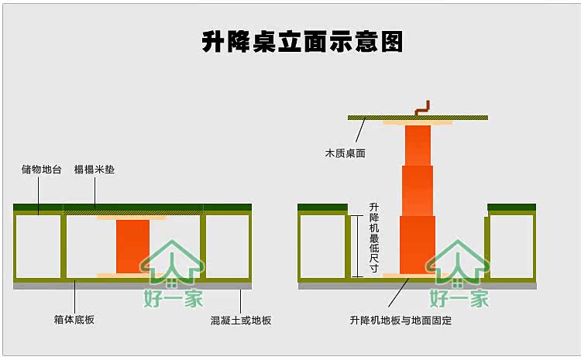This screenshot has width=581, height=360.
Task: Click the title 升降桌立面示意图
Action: pos(302,42)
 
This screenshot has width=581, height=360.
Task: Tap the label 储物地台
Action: pos(42,169)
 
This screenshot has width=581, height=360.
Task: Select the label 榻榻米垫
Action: pos(95,169)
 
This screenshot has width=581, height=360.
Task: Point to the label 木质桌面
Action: pos(345,153)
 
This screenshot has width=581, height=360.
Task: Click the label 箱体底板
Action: pos(75,319)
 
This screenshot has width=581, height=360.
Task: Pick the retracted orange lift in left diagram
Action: pos(132,245)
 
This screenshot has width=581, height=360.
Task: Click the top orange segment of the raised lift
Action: pos(418,145)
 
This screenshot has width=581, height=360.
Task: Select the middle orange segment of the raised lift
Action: pos(418,190)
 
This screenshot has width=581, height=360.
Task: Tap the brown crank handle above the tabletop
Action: pos(422,108)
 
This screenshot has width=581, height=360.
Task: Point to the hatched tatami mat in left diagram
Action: pos(132,209)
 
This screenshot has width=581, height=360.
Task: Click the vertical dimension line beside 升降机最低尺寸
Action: pos(358,245)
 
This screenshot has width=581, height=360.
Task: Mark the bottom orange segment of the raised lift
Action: pos(418,244)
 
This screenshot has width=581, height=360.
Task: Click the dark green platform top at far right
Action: pos(511,207)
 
